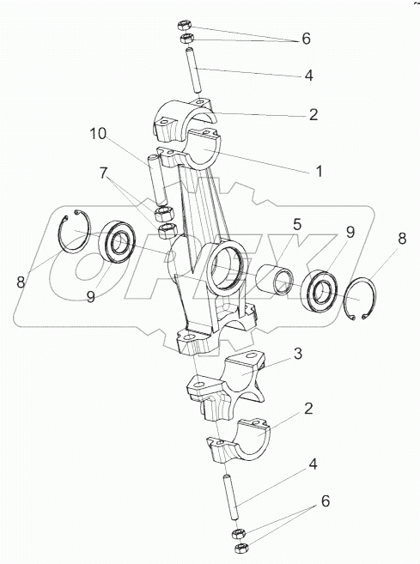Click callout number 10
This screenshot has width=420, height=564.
point(98,134)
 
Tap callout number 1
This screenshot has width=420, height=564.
point(320,171)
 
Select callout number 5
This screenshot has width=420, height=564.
point(296,224)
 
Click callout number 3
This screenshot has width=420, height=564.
point(298,354)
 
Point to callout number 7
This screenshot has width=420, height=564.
point(104,173)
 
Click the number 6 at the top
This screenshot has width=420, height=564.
point(306,39)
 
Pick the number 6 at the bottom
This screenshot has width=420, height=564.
point(325,501)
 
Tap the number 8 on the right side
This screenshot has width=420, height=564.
point(402,239)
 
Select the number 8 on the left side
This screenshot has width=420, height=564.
point(21,282)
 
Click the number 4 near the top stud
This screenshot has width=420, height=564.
point(308,76)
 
